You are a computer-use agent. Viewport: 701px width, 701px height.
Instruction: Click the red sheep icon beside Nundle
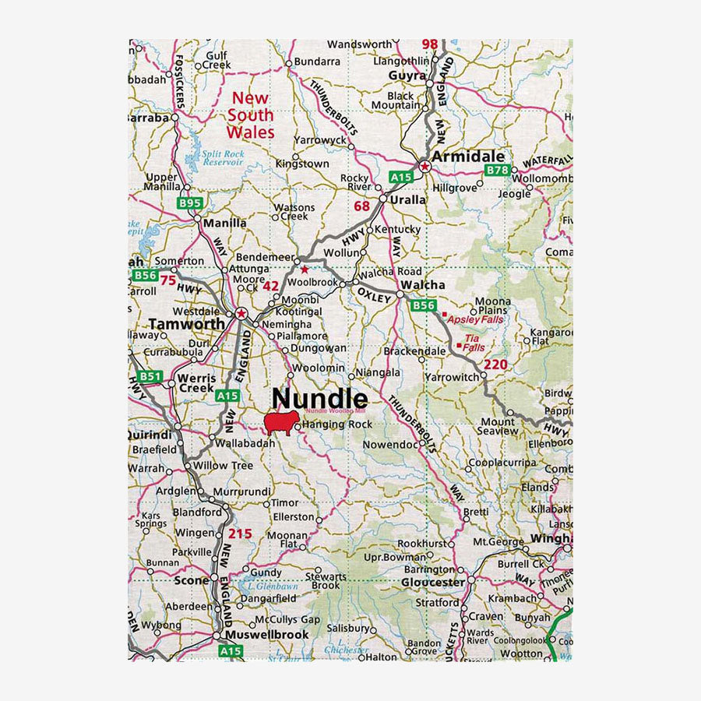(280, 424)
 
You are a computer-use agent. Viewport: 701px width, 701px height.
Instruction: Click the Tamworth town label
(187, 324)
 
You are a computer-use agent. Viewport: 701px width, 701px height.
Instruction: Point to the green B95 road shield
(190, 204)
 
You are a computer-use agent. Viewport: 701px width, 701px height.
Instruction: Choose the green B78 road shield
(497, 170)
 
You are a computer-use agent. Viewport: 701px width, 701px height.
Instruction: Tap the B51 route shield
(151, 377)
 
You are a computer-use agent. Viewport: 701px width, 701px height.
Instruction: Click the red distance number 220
(495, 365)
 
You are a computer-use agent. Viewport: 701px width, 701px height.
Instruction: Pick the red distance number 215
(241, 534)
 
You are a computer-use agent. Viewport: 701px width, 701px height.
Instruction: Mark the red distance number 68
(362, 206)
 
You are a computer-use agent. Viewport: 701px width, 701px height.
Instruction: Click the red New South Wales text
(251, 115)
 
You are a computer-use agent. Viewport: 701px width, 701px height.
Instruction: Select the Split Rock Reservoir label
(224, 159)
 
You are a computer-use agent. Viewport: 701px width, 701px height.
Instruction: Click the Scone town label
(192, 580)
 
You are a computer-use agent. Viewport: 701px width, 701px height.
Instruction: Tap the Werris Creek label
(196, 382)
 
